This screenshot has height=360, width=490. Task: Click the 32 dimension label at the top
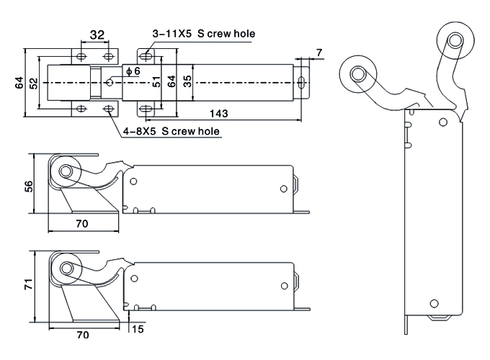click(97, 35)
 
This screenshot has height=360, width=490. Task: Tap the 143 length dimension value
click(219, 113)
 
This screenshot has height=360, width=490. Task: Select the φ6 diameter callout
click(133, 71)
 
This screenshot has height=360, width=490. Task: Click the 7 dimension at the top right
click(318, 53)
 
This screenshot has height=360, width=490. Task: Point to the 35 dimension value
click(188, 81)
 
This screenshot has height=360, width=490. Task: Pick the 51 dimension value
click(156, 82)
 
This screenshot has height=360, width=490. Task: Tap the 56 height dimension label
click(29, 186)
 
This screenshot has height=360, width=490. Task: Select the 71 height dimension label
click(29, 284)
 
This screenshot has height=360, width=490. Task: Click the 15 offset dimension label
click(138, 329)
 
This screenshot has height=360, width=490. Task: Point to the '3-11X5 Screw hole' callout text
click(203, 34)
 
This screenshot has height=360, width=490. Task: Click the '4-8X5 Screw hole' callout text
click(171, 131)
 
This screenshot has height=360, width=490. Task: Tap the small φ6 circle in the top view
click(110, 82)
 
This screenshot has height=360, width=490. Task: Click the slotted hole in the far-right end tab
click(301, 82)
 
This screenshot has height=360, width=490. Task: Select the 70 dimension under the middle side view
click(82, 223)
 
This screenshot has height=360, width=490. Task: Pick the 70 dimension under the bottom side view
click(83, 335)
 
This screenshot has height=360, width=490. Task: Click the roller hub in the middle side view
click(66, 171)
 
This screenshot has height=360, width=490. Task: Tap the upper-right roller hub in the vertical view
click(455, 40)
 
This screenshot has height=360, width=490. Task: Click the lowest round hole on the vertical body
click(434, 303)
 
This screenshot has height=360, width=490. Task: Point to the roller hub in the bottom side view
click(66, 269)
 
